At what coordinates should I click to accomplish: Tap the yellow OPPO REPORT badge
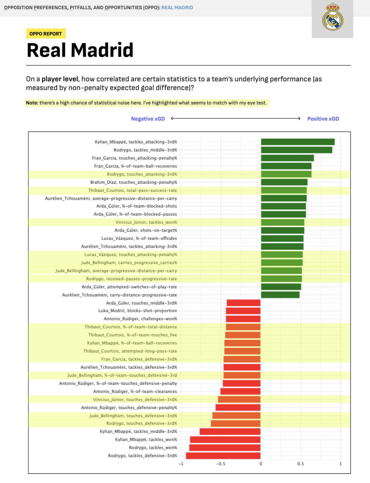coord(46,34)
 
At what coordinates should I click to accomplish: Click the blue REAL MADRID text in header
coord(177,8)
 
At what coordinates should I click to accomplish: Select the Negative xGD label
coord(148,119)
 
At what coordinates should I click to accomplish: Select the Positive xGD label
coord(323,119)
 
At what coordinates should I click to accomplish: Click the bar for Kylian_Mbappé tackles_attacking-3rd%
coord(298,142)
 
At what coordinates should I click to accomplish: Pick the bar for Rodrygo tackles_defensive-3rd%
coord(223,456)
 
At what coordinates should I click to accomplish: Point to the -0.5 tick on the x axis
coord(221,464)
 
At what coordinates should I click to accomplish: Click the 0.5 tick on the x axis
coord(300,464)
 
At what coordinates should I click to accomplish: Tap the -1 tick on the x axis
coord(181,464)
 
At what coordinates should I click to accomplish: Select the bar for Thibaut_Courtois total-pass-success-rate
coord(284,190)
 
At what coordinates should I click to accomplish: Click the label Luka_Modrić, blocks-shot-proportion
coord(137,311)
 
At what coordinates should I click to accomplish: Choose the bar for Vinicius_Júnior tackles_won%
coord(282,222)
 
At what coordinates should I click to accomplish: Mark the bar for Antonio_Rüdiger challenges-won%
coord(243,319)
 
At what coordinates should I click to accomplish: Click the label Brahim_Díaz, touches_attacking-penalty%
coord(134,182)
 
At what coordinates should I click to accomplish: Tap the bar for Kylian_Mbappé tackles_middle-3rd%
coord(230,431)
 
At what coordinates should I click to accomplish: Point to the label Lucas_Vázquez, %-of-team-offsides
coord(139,238)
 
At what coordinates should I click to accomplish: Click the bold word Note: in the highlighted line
coord(32,103)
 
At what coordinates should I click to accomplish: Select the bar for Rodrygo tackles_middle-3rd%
coord(296,150)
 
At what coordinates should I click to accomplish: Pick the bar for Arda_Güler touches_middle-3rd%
coord(243,303)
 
